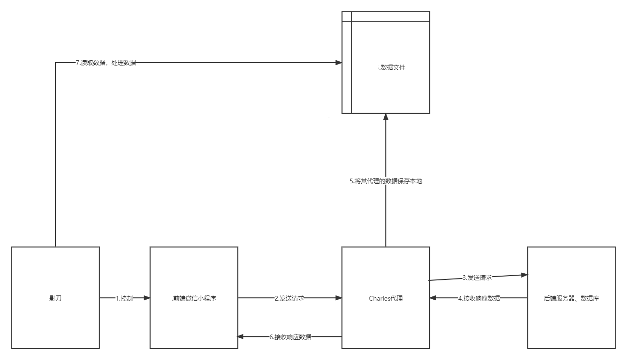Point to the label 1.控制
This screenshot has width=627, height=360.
coord(124,298)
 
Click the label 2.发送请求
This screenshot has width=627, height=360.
coord(289,298)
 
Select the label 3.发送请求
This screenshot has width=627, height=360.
coord(477,278)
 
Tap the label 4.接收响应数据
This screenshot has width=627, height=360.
coord(478,298)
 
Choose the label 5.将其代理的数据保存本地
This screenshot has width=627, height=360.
coord(386,181)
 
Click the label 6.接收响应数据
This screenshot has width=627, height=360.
coord(290,337)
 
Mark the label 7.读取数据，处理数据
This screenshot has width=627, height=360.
coord(106,63)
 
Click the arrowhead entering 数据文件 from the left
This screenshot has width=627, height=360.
coord(338,63)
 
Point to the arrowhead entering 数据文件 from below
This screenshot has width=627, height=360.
coord(386,117)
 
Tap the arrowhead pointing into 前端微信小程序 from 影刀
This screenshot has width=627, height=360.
coord(147,298)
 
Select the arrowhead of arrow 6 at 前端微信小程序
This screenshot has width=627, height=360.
coord(240,337)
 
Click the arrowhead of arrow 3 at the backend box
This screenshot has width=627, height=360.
coord(524,275)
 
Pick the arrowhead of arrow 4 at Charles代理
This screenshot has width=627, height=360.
coord(433,298)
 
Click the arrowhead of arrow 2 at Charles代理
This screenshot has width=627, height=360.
coord(338,298)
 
